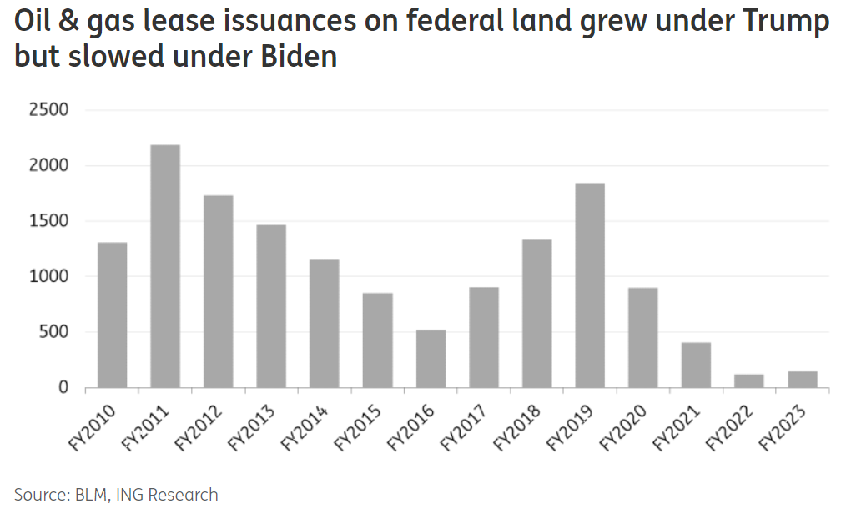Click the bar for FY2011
tap(165, 267)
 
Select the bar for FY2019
tap(590, 285)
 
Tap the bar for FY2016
tap(431, 359)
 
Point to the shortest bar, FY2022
tap(749, 380)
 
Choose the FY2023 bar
tap(803, 380)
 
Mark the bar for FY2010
tap(112, 315)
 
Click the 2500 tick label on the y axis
tap(48, 110)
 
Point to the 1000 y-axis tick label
tap(48, 277)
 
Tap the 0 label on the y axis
tap(63, 388)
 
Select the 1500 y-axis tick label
tap(48, 221)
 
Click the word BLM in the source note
tap(87, 495)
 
